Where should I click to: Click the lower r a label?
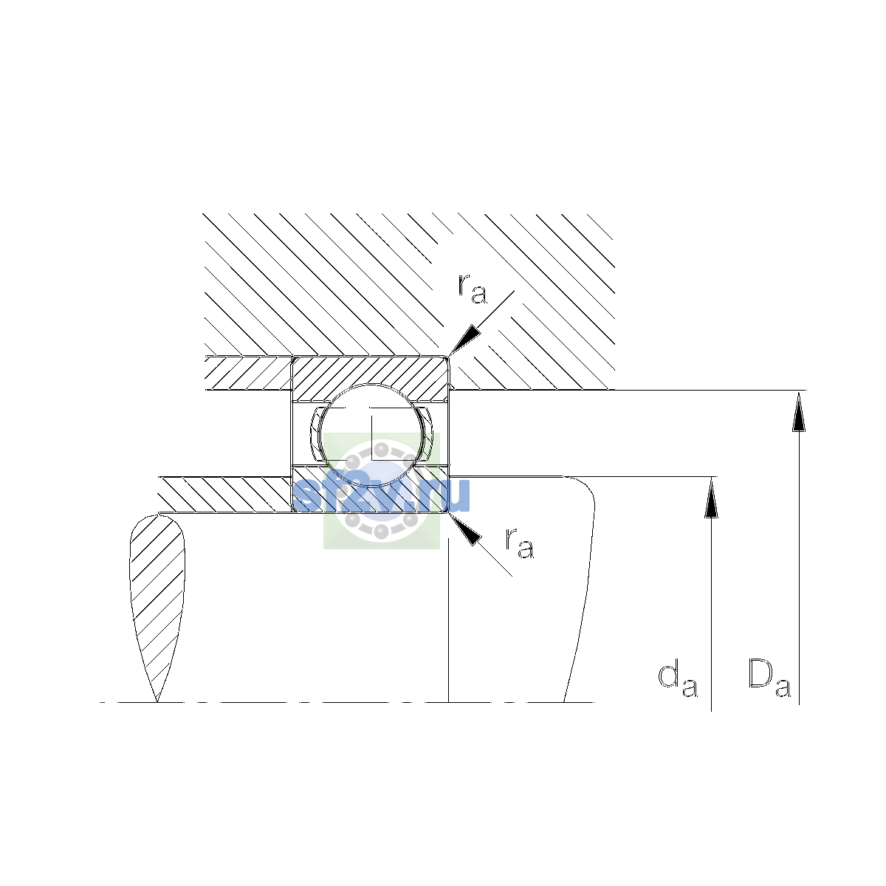pyautogui.click(x=520, y=543)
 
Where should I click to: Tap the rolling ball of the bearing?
pyautogui.click(x=371, y=434)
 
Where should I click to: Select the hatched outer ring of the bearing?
pyautogui.click(x=371, y=377)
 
